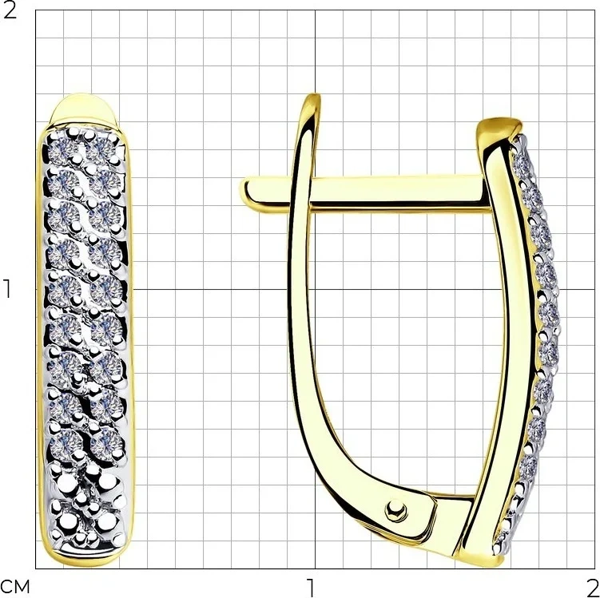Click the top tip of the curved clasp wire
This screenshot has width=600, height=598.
(315, 96)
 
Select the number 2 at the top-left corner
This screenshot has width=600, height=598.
(10, 10)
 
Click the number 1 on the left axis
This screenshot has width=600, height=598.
(7, 289)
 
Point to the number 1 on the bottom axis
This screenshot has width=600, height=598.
(312, 588)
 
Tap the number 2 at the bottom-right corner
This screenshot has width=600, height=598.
(592, 588)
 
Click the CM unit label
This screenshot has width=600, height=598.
(15, 588)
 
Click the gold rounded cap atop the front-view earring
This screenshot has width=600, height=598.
(84, 109)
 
